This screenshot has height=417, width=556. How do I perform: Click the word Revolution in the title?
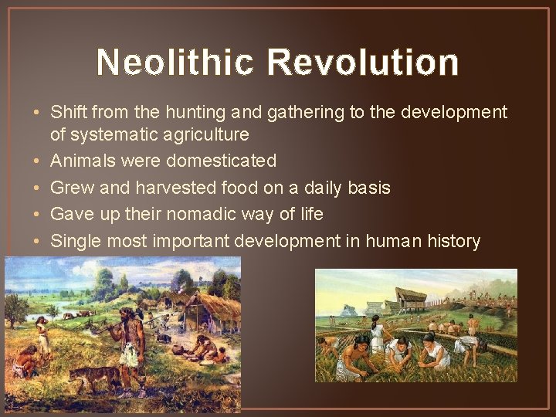pos(364,63)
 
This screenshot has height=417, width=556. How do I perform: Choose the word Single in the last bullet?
pos(76,241)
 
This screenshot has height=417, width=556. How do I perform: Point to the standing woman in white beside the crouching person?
pos(42,336)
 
